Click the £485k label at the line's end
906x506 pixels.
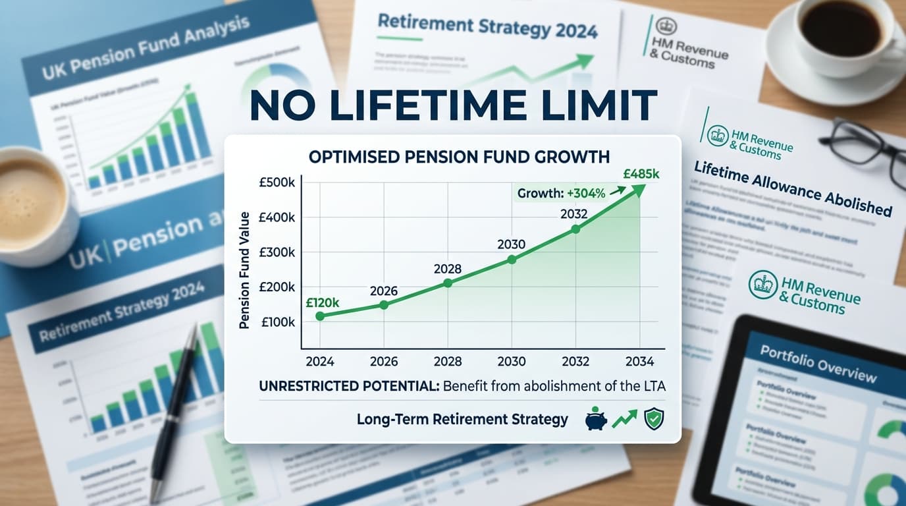pyautogui.click(x=641, y=175)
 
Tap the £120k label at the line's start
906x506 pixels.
pyautogui.click(x=323, y=303)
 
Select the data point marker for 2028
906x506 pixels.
pyautogui.click(x=448, y=283)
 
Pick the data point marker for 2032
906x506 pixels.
pyautogui.click(x=575, y=229)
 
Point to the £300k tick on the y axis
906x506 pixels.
pyautogui.click(x=278, y=252)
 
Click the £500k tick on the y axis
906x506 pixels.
pyautogui.click(x=278, y=183)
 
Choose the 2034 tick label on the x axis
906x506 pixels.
pyautogui.click(x=639, y=361)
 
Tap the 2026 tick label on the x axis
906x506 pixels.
pyautogui.click(x=384, y=361)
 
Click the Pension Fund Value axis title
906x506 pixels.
pyautogui.click(x=245, y=270)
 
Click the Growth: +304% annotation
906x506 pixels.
pyautogui.click(x=560, y=194)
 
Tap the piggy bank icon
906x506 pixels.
pyautogui.click(x=596, y=420)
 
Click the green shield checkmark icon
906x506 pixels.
pyautogui.click(x=653, y=420)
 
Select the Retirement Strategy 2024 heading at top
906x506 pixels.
pyautogui.click(x=487, y=28)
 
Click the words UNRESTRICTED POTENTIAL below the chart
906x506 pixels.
pyautogui.click(x=349, y=387)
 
